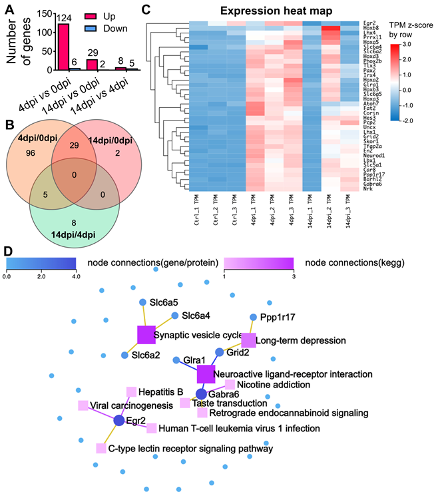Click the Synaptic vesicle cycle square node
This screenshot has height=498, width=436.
coord(146,335)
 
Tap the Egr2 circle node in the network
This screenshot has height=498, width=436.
coord(119,421)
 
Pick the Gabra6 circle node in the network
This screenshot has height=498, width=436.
coord(202,393)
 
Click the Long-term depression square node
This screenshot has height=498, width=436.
coord(248,340)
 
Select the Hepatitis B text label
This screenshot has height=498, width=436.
coord(159,391)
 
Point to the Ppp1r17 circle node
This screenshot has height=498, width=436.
coord(253,318)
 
